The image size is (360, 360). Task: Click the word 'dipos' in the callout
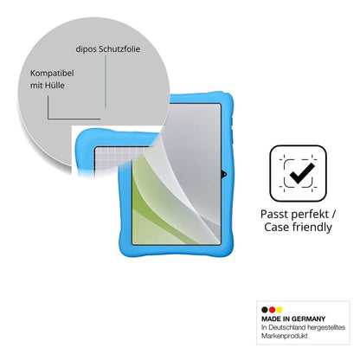point(87,49)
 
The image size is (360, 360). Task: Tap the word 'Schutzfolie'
point(119,48)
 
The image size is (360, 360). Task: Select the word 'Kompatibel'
point(52,74)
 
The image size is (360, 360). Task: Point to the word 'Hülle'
point(55,86)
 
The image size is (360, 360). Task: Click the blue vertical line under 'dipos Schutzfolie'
point(106,81)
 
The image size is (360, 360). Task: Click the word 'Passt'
point(274,215)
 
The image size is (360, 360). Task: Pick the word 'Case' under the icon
point(277,227)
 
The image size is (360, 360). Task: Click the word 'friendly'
point(312,228)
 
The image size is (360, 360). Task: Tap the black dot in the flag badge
point(265,310)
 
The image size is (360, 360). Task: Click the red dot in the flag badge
point(272,310)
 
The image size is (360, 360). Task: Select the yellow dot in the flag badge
point(279,310)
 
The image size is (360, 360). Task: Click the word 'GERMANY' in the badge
point(308,319)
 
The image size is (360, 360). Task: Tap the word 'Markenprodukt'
point(285,336)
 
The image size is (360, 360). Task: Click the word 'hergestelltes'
point(326,327)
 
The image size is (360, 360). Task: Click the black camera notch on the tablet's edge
point(224,174)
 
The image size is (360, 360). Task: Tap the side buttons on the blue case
point(231,131)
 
